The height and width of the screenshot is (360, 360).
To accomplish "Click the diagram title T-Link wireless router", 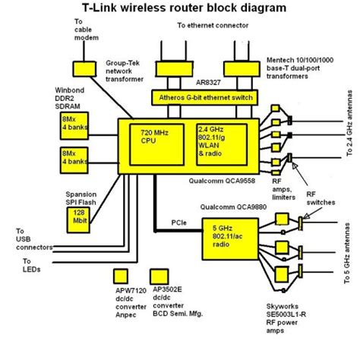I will click(179, 9).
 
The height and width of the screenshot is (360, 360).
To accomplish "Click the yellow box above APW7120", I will click(119, 276).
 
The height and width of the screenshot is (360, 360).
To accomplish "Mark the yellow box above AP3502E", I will click(159, 276).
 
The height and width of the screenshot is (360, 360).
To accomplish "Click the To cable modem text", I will click(86, 30).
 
